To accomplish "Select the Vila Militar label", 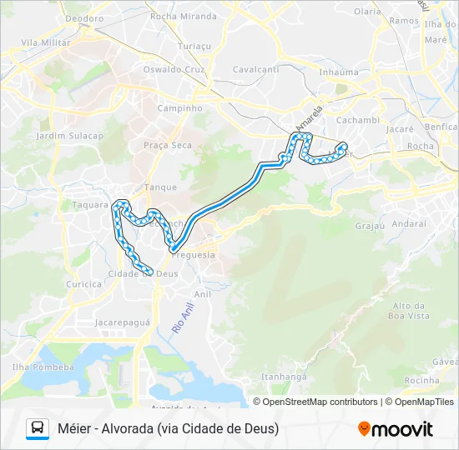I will tap(42, 42).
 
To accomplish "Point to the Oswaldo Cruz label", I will tap(176, 69).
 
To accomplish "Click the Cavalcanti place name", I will tap(255, 69).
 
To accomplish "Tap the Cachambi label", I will tap(359, 120).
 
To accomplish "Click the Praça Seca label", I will tap(167, 145).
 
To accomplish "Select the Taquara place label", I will tap(91, 203).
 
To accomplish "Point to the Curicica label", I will tap(83, 284).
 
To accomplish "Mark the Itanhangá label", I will tap(285, 377).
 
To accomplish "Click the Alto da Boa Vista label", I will tap(409, 311).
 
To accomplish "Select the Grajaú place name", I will tap(368, 225).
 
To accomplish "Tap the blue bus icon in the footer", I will tap(38, 428).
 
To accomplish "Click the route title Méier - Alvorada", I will tap(168, 428).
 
